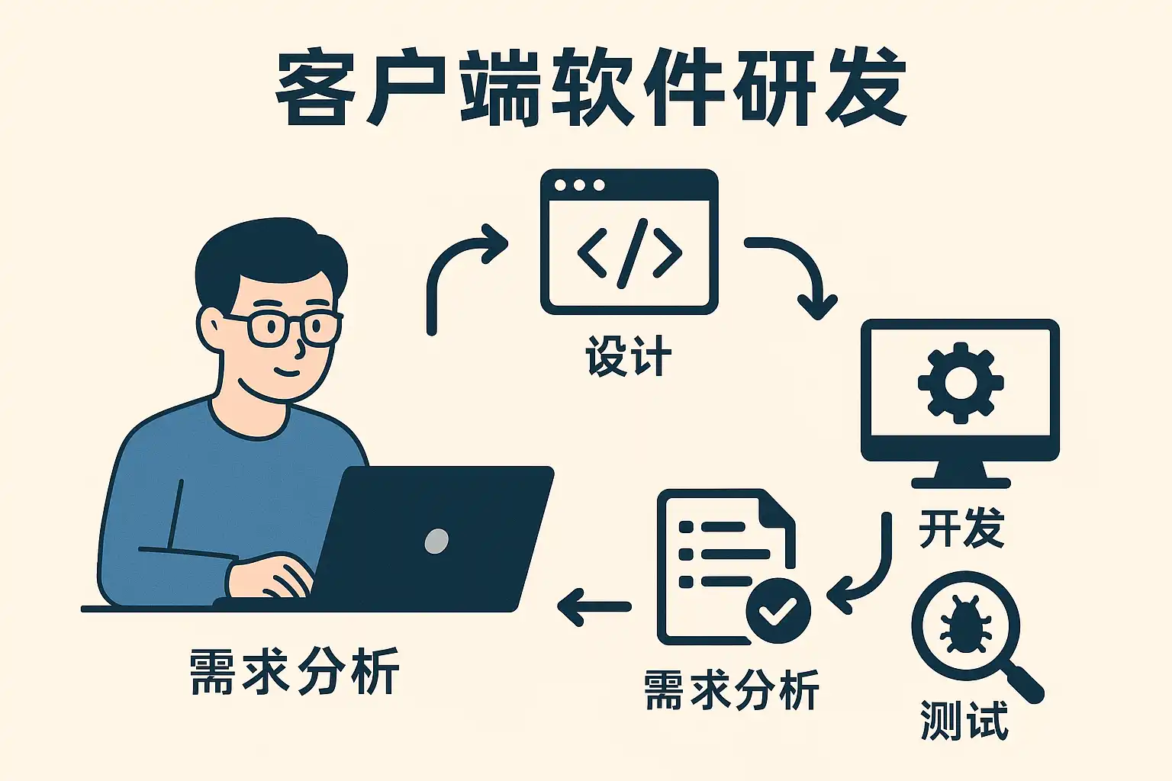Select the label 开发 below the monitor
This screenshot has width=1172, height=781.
[x=961, y=529]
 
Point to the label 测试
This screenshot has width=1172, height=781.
[x=964, y=721]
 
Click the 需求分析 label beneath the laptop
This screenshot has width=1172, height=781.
[x=295, y=671]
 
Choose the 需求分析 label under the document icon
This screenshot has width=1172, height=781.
[x=731, y=690]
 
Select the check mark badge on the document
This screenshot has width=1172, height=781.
[x=778, y=610]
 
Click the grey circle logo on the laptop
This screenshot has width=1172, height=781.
[x=436, y=541]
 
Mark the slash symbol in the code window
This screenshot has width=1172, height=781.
[x=632, y=253]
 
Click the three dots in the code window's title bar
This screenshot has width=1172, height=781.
[x=579, y=185]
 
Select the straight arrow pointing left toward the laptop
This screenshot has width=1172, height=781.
[x=594, y=607]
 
